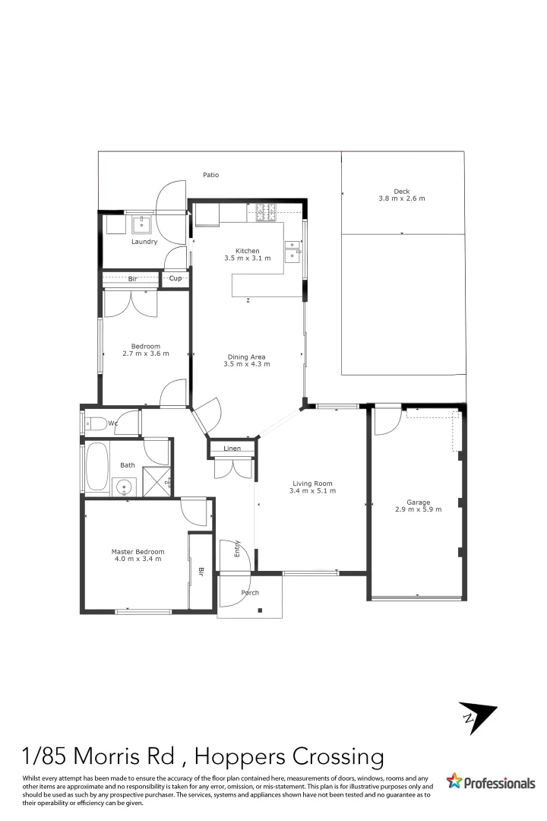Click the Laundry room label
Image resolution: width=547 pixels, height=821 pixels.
pyautogui.click(x=144, y=242)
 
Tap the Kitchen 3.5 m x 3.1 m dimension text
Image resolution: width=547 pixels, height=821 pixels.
pyautogui.click(x=247, y=258)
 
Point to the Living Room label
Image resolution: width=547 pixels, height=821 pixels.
pyautogui.click(x=312, y=483)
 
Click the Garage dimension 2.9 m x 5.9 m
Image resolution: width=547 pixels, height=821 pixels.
pyautogui.click(x=418, y=509)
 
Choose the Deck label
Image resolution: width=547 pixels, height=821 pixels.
pyautogui.click(x=401, y=191)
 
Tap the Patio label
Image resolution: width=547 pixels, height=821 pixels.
pyautogui.click(x=210, y=175)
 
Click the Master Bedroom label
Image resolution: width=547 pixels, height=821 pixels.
pyautogui.click(x=138, y=552)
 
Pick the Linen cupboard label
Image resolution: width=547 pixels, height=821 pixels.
pyautogui.click(x=232, y=449)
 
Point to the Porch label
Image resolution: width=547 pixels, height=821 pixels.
pyautogui.click(x=249, y=593)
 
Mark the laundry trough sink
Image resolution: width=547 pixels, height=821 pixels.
pyautogui.click(x=142, y=223)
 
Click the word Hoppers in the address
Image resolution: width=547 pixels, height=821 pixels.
pyautogui.click(x=246, y=757)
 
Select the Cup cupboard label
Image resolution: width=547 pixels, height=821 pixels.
pyautogui.click(x=175, y=279)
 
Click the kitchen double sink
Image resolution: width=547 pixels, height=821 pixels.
pyautogui.click(x=294, y=252)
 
